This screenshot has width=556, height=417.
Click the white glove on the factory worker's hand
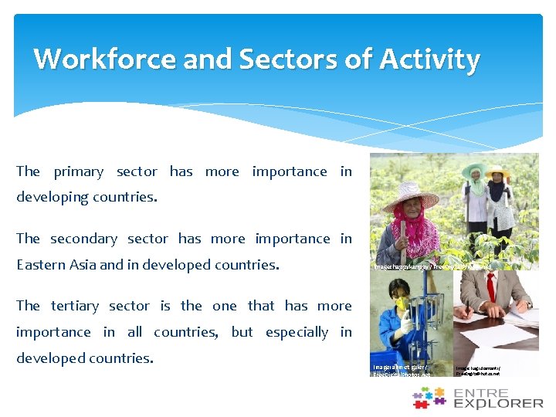coord(402,325)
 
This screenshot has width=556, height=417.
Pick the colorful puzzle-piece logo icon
coord(429,398)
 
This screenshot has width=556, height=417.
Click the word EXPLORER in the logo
coord(498,403)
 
